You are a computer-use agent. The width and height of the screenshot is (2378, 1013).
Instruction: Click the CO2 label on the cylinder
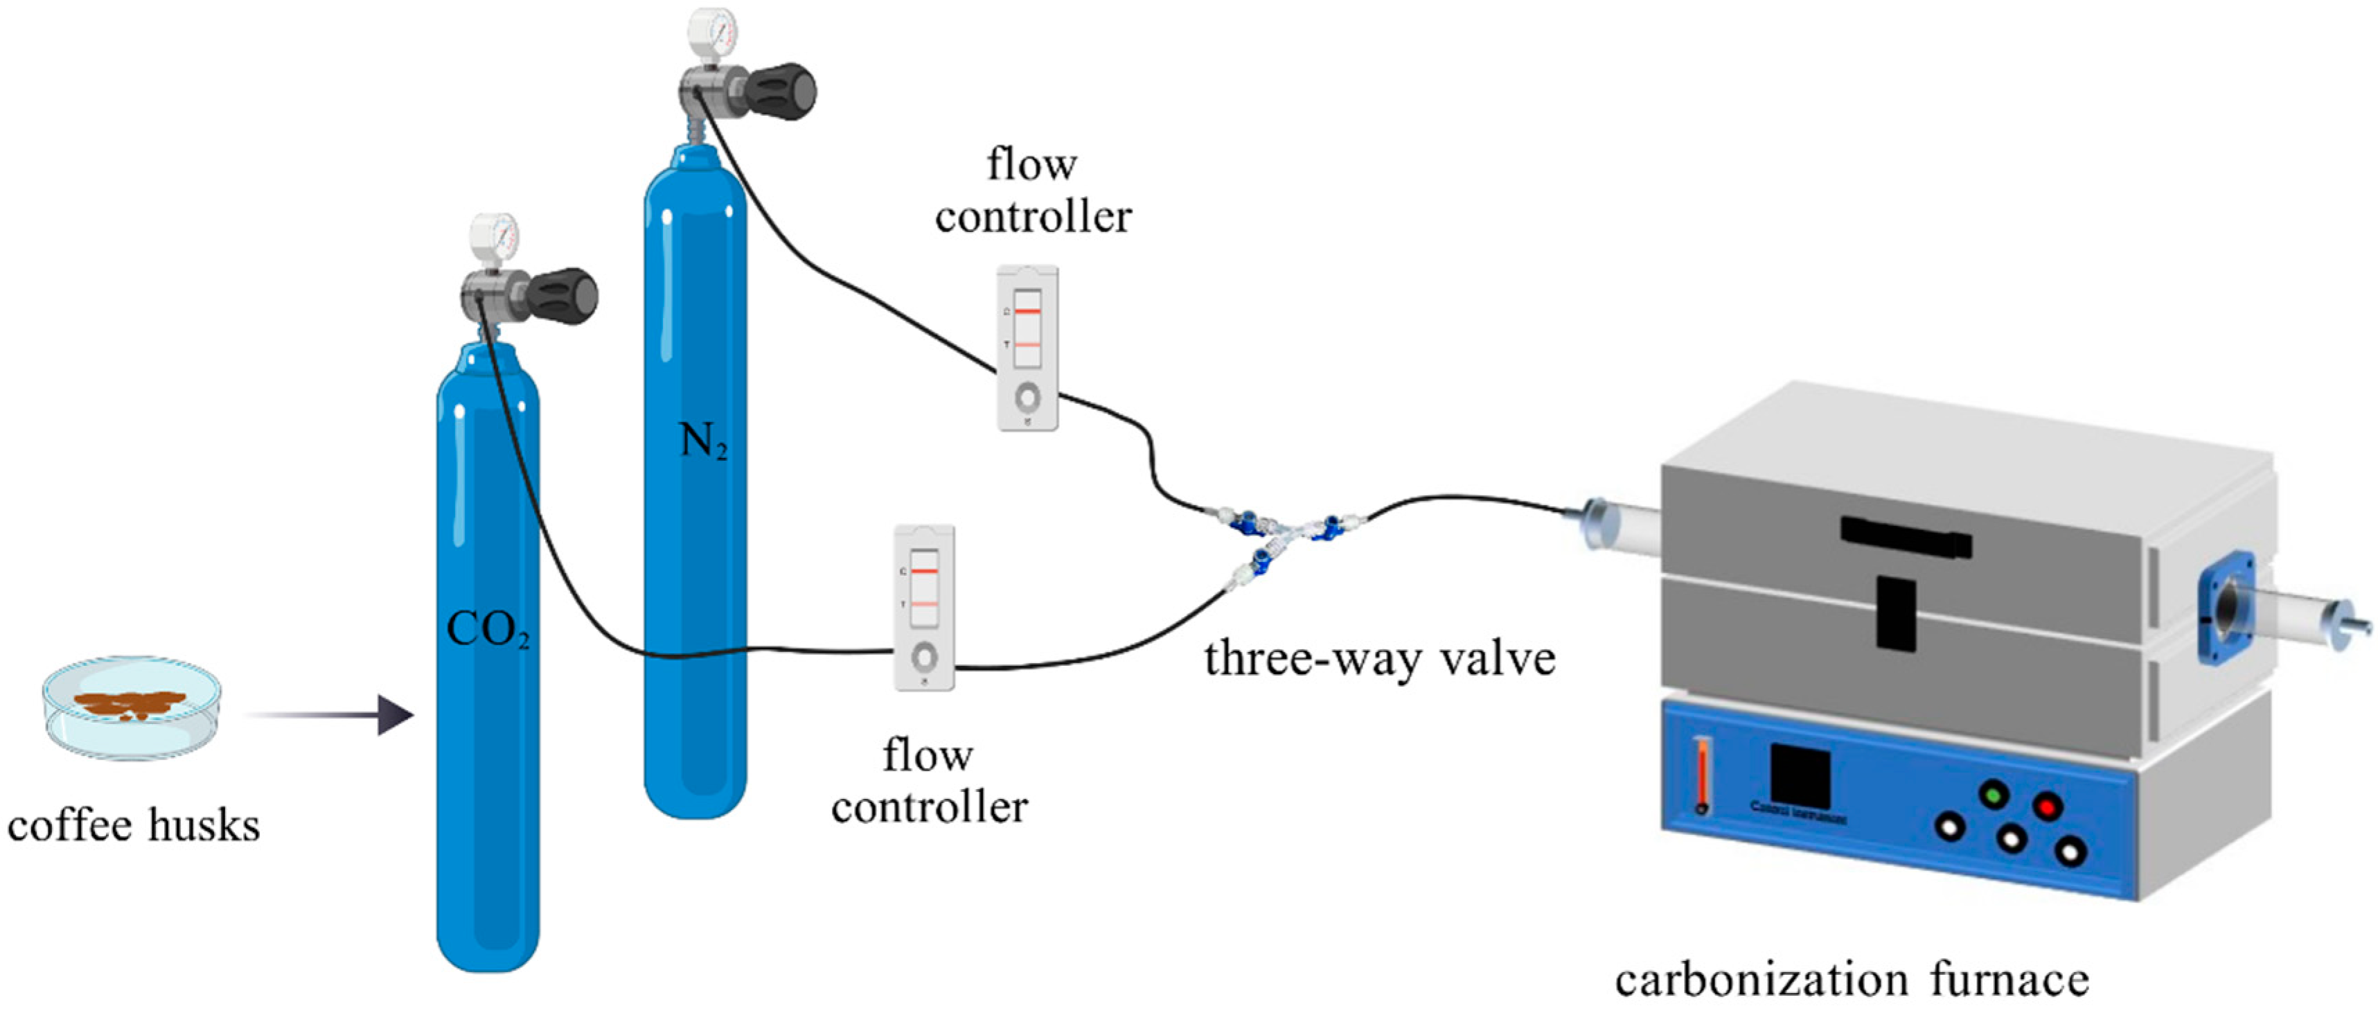point(488,631)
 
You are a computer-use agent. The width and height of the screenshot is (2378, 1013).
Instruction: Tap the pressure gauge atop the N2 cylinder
point(713,33)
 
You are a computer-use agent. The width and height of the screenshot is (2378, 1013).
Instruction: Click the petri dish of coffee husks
point(132,707)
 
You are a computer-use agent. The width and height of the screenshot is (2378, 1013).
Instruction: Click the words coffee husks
point(134,825)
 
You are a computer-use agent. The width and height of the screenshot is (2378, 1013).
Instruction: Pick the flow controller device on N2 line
point(1027,348)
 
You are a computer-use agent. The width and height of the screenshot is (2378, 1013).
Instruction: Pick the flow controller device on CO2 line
point(924,608)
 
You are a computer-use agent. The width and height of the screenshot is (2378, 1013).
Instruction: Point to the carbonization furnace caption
point(1852,980)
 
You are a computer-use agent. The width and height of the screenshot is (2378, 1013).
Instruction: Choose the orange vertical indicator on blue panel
point(1701,775)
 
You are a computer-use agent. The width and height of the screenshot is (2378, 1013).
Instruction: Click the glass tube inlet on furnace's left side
point(1611,525)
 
